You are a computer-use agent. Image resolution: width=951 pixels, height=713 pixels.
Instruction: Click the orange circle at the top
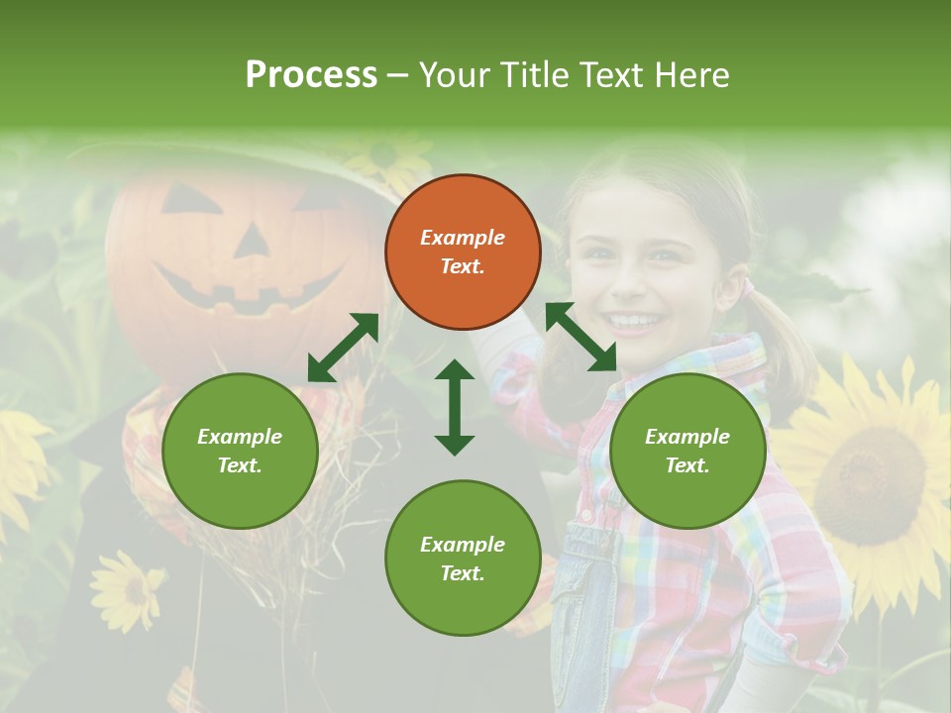463,252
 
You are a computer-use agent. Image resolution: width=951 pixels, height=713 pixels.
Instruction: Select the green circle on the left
240,451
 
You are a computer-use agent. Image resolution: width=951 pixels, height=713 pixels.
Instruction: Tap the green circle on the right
687,451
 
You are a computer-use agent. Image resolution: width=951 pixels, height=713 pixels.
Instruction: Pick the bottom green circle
463,559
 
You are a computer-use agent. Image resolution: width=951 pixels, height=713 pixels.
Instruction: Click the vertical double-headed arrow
455,407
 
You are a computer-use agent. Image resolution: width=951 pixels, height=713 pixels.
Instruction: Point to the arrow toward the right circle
581,337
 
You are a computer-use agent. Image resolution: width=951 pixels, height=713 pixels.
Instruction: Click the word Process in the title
311,74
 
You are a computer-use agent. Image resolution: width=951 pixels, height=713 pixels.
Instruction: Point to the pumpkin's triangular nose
250,240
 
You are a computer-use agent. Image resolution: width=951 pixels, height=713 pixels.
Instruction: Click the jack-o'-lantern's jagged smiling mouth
248,287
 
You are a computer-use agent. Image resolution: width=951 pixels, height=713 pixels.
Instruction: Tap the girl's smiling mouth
634,322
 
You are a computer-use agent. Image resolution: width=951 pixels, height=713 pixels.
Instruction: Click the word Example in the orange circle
463,238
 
